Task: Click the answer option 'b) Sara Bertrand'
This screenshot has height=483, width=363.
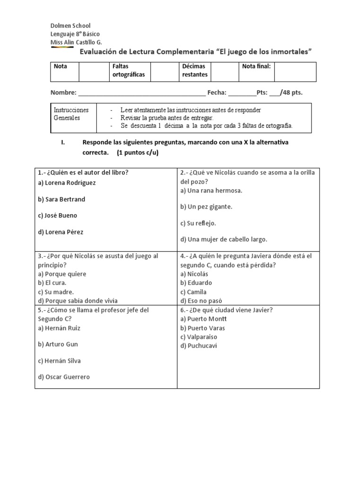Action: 61,199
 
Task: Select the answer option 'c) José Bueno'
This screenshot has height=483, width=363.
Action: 57,216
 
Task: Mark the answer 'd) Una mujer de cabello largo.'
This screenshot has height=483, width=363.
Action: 224,239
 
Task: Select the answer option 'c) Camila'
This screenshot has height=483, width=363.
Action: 193,292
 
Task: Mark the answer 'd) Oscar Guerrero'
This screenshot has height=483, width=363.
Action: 64,377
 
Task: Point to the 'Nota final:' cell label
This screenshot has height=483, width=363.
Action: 256,67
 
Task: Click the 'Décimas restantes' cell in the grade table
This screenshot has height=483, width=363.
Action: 195,71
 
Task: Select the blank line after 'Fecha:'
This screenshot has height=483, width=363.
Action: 242,93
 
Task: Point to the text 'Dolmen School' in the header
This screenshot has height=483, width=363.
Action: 70,25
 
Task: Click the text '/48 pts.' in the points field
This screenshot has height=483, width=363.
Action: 291,92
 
